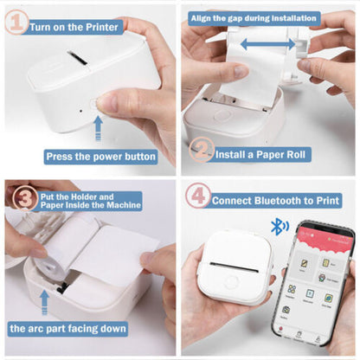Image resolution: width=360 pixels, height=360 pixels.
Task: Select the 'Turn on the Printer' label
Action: pos(75,26)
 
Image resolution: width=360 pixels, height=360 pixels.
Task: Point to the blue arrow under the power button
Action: pos(98,128)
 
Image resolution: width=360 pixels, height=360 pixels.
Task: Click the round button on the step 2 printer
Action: pos(222,115)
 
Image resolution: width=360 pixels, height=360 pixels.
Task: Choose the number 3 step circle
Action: pos(20,198)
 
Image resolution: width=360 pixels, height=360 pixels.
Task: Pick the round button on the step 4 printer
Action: pos(231,282)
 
